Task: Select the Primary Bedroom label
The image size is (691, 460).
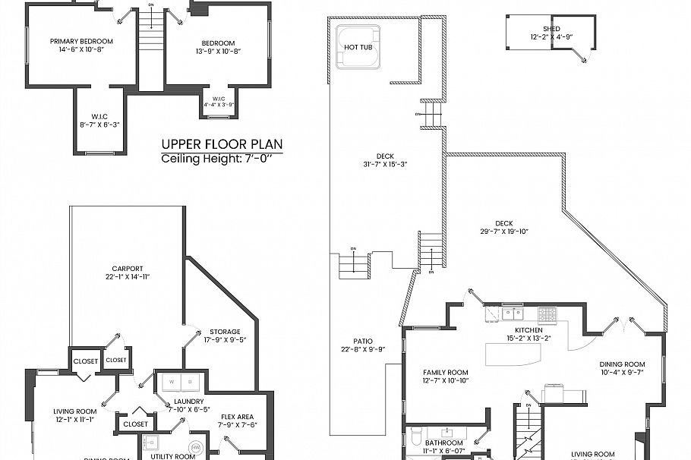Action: (x=81, y=42)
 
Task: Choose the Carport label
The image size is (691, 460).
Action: (x=128, y=268)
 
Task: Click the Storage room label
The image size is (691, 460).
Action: (x=225, y=332)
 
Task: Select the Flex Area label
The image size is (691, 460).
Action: (x=237, y=417)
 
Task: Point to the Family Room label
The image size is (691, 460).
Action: (x=446, y=373)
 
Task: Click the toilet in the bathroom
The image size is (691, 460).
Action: (x=417, y=436)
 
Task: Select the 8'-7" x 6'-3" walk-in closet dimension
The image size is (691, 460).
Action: (x=100, y=123)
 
